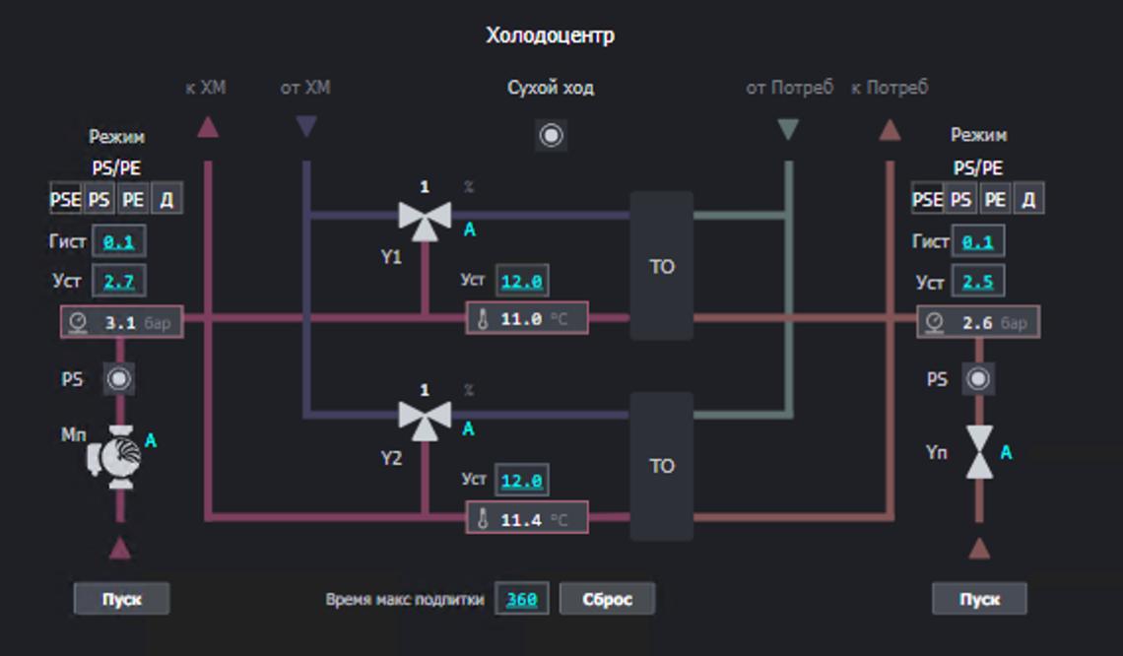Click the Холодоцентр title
click(550, 35)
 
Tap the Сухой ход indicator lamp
click(552, 135)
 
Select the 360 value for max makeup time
click(522, 598)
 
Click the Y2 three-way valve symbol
click(425, 417)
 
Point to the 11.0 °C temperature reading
click(527, 318)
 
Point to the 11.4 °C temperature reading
click(527, 519)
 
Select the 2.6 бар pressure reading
click(977, 322)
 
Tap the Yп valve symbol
click(979, 453)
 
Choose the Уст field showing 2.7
click(118, 282)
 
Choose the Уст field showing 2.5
click(977, 282)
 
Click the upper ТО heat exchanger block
click(661, 266)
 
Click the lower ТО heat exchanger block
click(661, 466)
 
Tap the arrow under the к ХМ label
click(207, 127)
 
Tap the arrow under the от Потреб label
click(787, 129)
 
